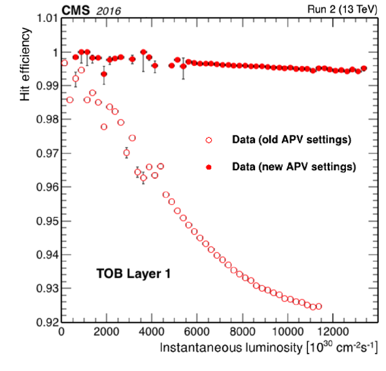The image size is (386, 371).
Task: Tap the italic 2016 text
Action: tap(108, 11)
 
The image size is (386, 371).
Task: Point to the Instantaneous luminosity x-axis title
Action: tap(268, 348)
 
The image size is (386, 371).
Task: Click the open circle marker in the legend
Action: tap(209, 140)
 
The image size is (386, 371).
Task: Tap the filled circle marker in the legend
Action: tap(209, 167)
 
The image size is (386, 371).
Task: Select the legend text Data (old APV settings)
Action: tap(291, 140)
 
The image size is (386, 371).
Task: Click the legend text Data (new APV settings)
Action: tap(294, 166)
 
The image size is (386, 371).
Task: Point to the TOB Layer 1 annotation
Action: tap(133, 274)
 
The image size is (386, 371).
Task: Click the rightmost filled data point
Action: tap(364, 68)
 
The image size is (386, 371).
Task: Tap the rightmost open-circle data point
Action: tap(319, 306)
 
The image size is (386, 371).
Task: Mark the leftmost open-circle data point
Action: tap(64, 63)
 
